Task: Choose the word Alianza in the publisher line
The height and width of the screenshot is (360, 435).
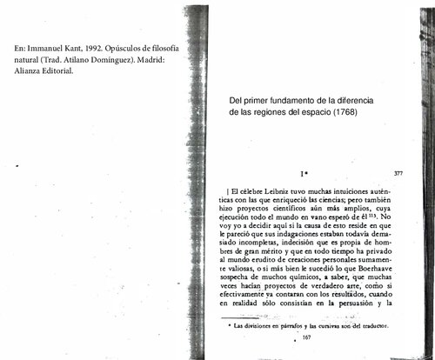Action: (21, 70)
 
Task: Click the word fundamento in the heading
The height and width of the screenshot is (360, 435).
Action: (288, 99)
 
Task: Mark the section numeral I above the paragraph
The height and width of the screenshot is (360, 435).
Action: (300, 175)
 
